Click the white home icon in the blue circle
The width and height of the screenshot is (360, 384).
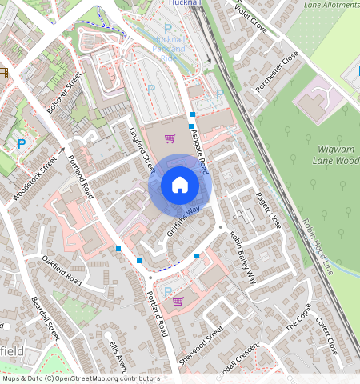tap(180, 186)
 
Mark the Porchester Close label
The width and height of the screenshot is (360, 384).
tap(278, 73)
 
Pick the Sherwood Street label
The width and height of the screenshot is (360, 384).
tap(200, 346)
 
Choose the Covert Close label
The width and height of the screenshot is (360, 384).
tap(326, 334)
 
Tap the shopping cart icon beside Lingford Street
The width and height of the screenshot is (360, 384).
tap(170, 138)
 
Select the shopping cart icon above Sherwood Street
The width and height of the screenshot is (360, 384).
tap(178, 302)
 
